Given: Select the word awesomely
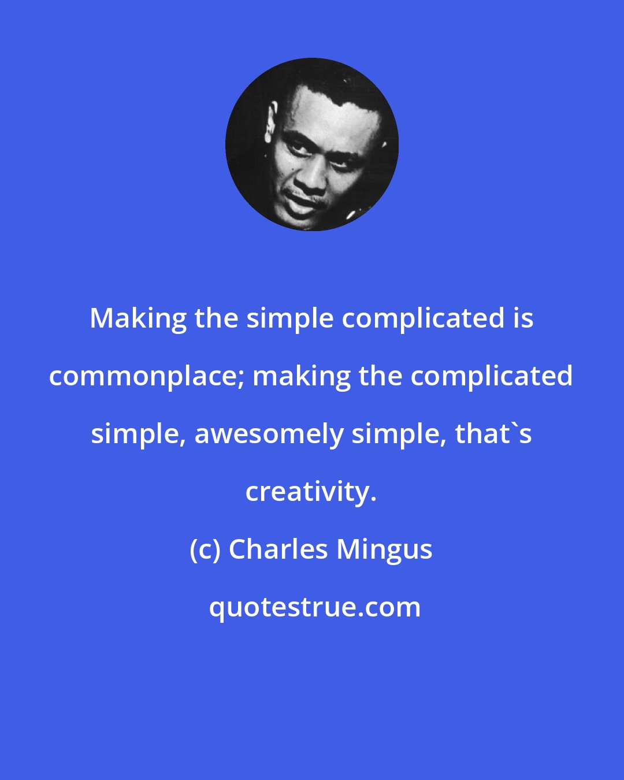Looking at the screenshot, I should (x=268, y=434).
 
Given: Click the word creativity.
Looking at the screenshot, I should (x=311, y=492).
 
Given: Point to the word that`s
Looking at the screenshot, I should (x=493, y=434).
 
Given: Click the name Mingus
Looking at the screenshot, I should (x=384, y=549).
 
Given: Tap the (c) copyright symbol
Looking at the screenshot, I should (x=205, y=549).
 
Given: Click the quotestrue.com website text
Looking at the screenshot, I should (x=314, y=607).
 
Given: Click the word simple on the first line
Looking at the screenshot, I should (x=290, y=318).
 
